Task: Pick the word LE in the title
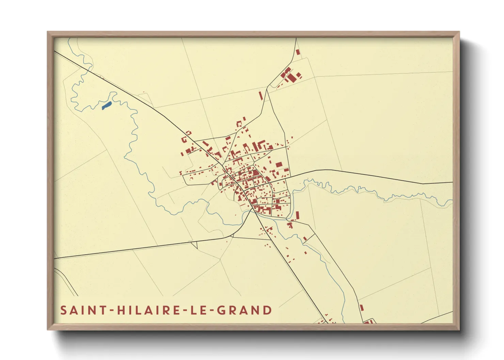click(199, 310)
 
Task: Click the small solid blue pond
click(107, 105)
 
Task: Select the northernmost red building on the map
click(298, 52)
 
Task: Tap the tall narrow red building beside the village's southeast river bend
click(297, 215)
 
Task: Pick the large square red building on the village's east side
click(279, 165)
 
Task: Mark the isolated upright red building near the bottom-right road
click(362, 308)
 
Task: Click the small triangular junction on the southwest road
click(194, 244)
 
